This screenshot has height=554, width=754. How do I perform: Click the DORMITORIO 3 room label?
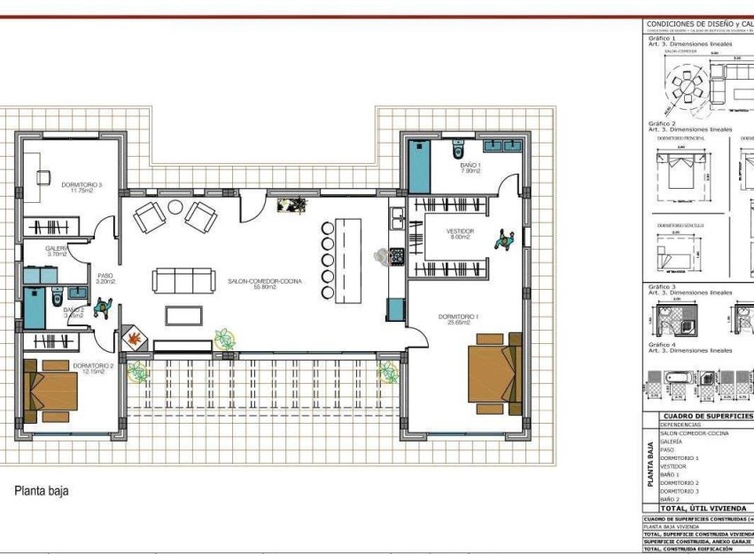[x=82, y=185]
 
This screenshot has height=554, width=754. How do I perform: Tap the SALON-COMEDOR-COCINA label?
[x=264, y=280]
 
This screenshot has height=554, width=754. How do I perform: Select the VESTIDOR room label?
[x=460, y=230]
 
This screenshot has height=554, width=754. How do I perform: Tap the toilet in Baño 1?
[x=458, y=145]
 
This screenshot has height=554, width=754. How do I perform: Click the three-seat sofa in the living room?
[x=183, y=281]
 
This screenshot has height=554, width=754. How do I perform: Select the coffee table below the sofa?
[x=189, y=315]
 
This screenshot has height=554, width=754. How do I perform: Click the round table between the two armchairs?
[x=176, y=207]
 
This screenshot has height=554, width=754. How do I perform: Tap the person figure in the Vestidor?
[x=504, y=239]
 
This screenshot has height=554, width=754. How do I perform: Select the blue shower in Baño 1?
[x=417, y=163]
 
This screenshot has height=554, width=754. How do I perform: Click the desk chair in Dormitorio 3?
[x=43, y=176]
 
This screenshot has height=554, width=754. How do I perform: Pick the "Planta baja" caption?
[x=41, y=490]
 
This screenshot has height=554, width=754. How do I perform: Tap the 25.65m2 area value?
[x=464, y=324]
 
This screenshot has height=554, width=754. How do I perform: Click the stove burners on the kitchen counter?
[x=396, y=256]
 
